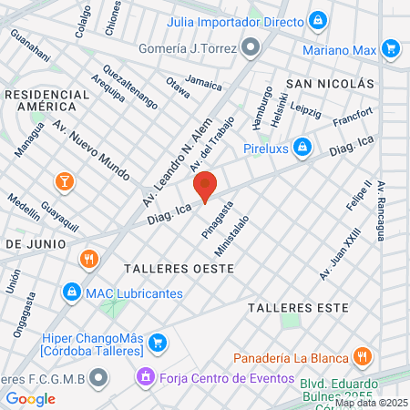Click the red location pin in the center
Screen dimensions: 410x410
tap(206, 185)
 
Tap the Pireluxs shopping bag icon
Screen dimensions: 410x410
tap(302, 147)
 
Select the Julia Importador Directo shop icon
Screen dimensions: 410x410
tap(317, 18)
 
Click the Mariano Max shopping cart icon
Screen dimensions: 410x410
tap(391, 47)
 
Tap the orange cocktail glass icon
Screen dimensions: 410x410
tap(64, 180)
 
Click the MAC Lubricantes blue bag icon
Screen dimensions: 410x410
tap(71, 292)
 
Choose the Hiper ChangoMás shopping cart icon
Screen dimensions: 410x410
tap(159, 343)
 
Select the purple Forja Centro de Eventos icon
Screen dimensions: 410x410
tap(144, 375)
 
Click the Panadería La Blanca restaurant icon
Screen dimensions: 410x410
tap(362, 355)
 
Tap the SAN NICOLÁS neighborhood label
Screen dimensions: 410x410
tap(330, 83)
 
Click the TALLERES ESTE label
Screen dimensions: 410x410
tap(300, 307)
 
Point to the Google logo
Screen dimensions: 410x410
tap(30, 398)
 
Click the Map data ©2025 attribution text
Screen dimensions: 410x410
tap(371, 403)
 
